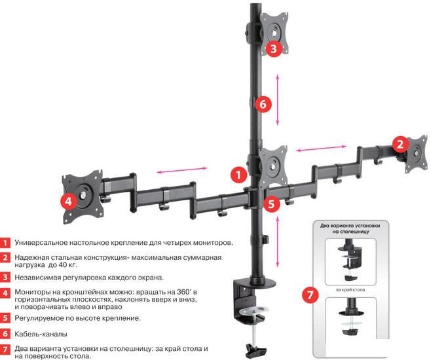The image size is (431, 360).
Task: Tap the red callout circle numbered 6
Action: (x=261, y=103)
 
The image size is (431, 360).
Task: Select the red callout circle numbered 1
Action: (x=239, y=174)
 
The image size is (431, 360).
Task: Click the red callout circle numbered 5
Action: (x=273, y=204)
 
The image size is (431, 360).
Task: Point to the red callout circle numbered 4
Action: (x=68, y=202)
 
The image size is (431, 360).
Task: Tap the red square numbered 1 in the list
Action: (x=5, y=242)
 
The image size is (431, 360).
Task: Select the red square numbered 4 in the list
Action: (x=5, y=293)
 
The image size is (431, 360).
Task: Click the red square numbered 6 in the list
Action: (x=5, y=333)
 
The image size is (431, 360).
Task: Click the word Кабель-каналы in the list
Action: (x=40, y=333)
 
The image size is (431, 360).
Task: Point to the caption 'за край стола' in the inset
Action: (x=356, y=288)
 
